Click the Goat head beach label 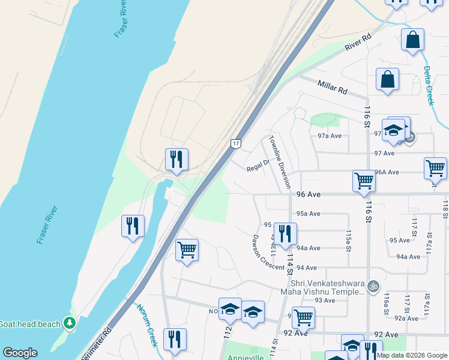[x=30, y=324]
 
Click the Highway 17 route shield [x=235, y=143]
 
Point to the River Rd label [x=358, y=41]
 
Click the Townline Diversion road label [x=280, y=161]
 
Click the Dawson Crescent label [x=268, y=253]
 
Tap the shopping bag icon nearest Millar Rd [x=388, y=79]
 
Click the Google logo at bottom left [x=20, y=353]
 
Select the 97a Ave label [x=329, y=136]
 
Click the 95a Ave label [x=308, y=213]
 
